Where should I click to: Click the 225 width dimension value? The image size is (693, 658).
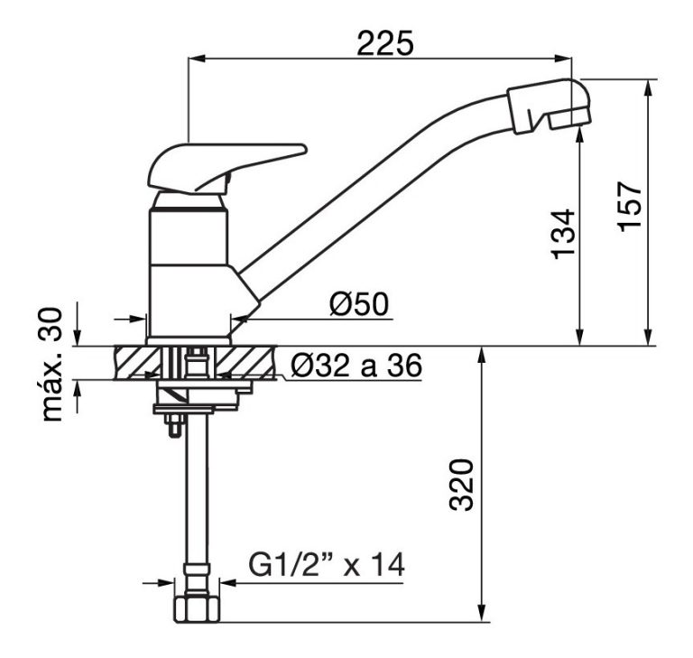(x=385, y=43)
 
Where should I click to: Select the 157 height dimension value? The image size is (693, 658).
(x=629, y=207)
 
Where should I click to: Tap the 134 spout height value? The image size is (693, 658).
(x=563, y=235)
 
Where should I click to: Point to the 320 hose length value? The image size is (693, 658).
(x=461, y=485)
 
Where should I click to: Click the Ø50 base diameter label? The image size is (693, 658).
(x=359, y=304)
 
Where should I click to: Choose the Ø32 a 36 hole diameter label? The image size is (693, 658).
(x=356, y=366)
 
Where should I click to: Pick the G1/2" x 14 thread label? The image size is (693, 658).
(x=326, y=564)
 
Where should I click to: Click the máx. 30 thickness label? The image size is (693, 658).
(x=51, y=365)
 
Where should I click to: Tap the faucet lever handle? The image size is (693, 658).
(x=226, y=168)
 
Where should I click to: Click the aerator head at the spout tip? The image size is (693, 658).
(x=549, y=107)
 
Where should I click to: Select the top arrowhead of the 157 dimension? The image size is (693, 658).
(x=649, y=88)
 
